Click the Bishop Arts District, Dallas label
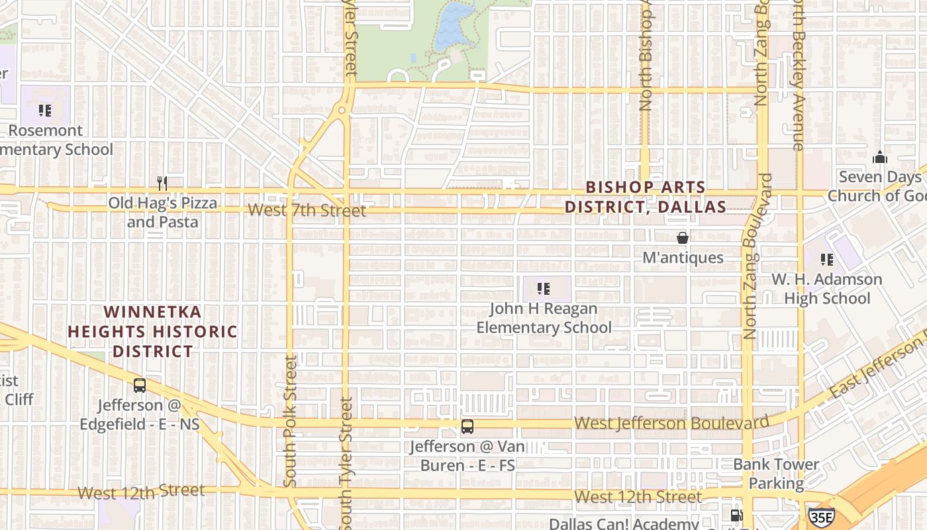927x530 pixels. pyautogui.click(x=645, y=197)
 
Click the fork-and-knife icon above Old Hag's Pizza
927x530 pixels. pyautogui.click(x=162, y=183)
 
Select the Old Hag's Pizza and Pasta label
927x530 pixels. pyautogui.click(x=162, y=212)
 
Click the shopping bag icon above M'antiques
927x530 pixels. pyautogui.click(x=683, y=238)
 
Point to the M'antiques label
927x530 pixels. pyautogui.click(x=683, y=257)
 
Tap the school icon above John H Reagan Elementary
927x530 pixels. pyautogui.click(x=544, y=288)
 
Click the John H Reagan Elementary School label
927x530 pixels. pyautogui.click(x=544, y=318)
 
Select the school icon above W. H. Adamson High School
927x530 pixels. pyautogui.click(x=826, y=259)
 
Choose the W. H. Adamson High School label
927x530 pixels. pyautogui.click(x=826, y=289)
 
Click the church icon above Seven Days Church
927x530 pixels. pyautogui.click(x=879, y=157)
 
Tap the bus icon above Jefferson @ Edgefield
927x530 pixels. pyautogui.click(x=140, y=385)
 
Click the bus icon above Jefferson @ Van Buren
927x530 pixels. pyautogui.click(x=467, y=427)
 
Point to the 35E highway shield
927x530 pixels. pyautogui.click(x=821, y=517)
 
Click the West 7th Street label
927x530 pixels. pyautogui.click(x=307, y=211)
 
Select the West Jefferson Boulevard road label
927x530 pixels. pyautogui.click(x=671, y=423)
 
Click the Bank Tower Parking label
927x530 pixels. pyautogui.click(x=776, y=474)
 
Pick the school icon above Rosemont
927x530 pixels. pyautogui.click(x=45, y=110)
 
